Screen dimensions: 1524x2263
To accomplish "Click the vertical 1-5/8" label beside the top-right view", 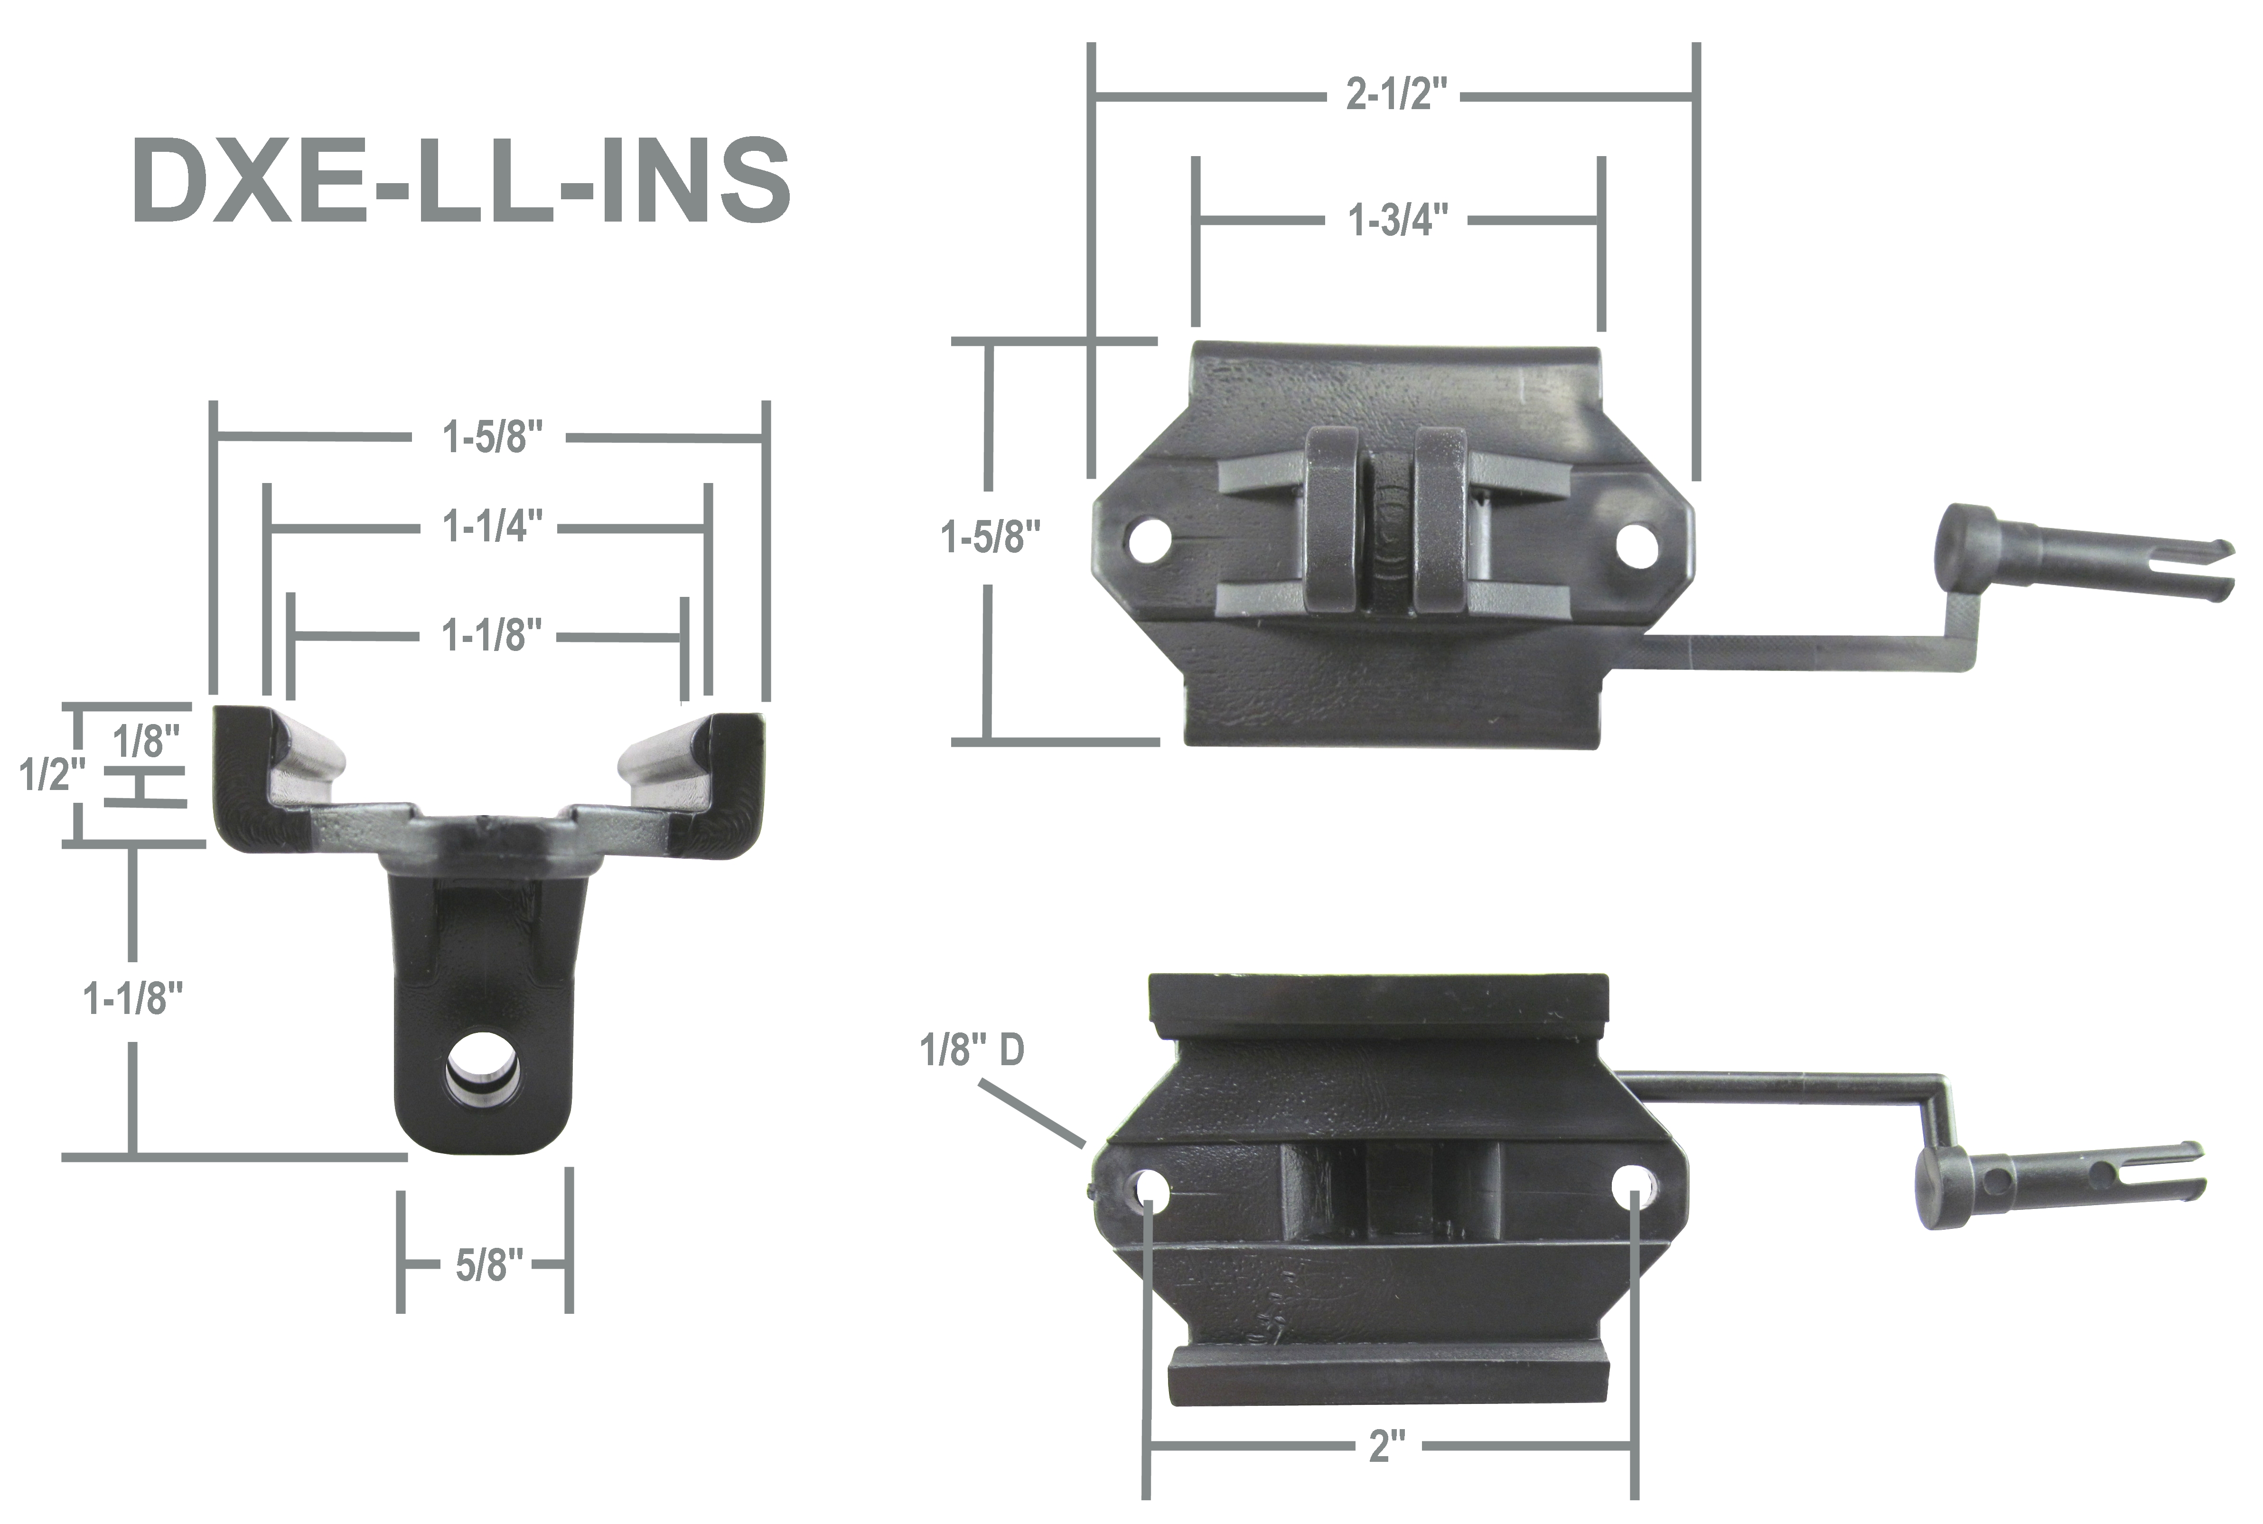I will coord(990,538).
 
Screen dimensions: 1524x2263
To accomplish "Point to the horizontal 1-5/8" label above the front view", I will coord(492,437).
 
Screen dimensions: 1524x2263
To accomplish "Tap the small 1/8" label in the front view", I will coord(146,742).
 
